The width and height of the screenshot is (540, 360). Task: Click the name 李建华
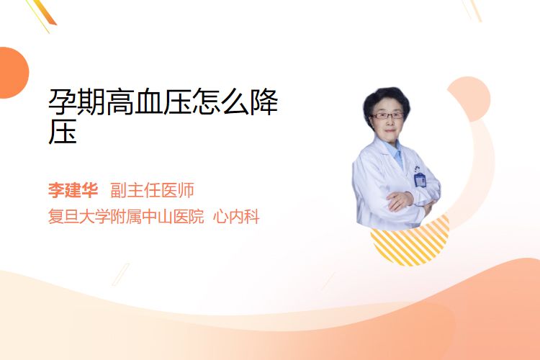click(x=73, y=190)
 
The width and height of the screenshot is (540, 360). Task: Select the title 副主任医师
click(x=152, y=190)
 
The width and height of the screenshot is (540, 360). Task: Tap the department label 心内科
click(x=236, y=217)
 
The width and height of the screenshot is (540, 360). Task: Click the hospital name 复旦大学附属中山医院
click(x=126, y=217)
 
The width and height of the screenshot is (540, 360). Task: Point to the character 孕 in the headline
click(x=63, y=102)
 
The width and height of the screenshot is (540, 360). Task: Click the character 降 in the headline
click(x=264, y=102)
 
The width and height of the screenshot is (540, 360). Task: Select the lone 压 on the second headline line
click(x=63, y=131)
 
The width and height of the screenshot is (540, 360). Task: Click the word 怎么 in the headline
click(x=221, y=102)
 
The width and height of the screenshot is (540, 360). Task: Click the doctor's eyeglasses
click(x=387, y=116)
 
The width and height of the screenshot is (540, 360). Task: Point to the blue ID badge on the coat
click(x=420, y=179)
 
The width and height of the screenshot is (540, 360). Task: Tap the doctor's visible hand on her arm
click(x=400, y=200)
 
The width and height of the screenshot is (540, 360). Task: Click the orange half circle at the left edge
click(x=13, y=73)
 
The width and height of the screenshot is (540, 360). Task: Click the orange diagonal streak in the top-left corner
click(x=45, y=12)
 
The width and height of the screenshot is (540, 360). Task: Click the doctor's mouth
click(x=390, y=130)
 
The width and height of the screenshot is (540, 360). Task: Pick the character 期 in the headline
click(x=91, y=102)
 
